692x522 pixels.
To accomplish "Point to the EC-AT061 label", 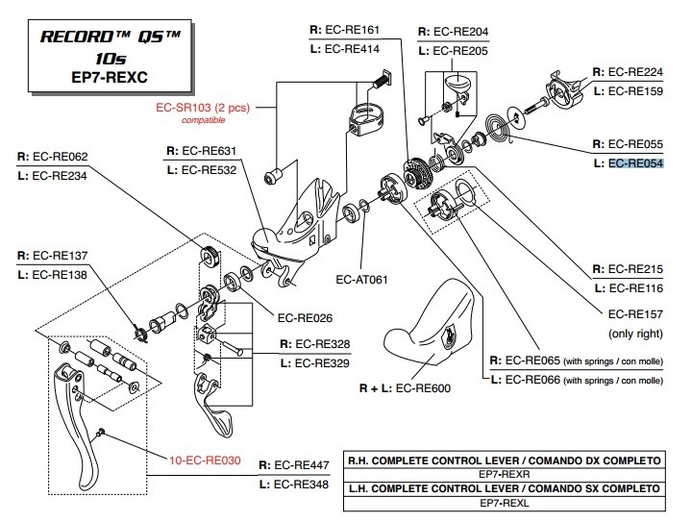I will [x=363, y=281].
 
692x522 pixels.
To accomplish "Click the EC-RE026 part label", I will [x=306, y=316].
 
